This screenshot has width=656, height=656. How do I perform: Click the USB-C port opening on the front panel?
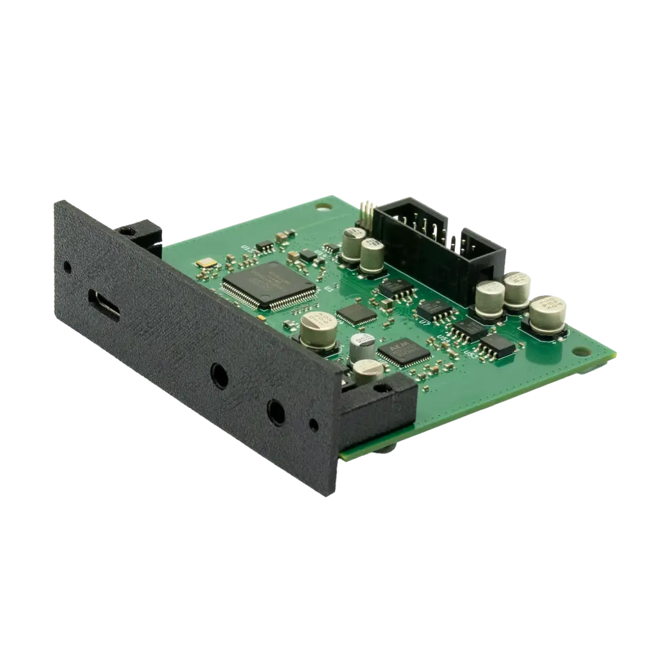coord(104,305)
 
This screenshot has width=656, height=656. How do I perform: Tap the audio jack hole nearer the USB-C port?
coord(219,375)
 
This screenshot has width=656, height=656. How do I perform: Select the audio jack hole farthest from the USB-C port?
coord(276,413)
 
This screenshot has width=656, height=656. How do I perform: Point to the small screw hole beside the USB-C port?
coord(67,266)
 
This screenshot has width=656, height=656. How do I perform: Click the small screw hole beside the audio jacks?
coord(313,425)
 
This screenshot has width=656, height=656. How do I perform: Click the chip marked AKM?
coord(403,352)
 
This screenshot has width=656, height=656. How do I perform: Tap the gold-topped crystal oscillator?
coord(207,263)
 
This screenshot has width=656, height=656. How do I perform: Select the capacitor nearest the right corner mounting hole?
coord(547,314)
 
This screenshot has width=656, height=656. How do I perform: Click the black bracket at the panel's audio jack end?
coord(378,410)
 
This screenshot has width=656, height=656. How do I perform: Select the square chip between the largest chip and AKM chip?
coord(356,313)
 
